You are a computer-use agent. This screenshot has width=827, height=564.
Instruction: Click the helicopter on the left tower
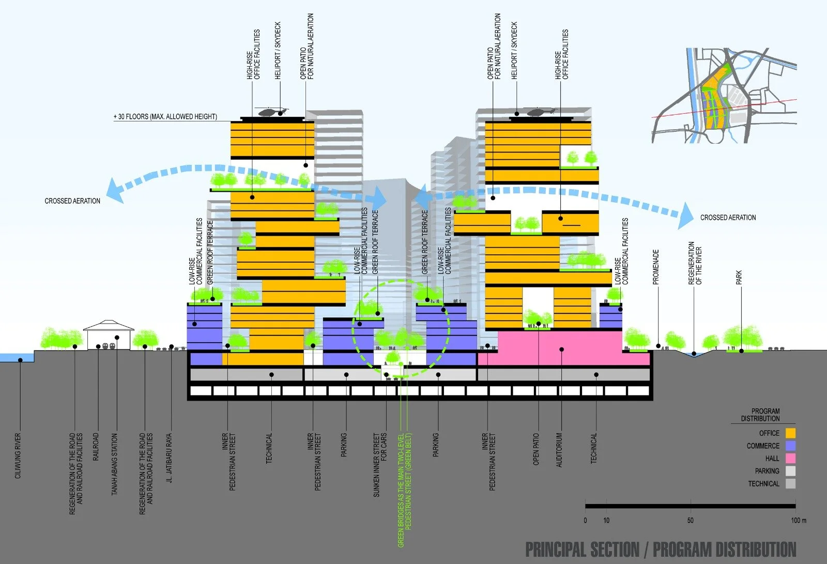[270, 112]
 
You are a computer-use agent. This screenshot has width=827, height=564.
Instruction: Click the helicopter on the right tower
[540, 112]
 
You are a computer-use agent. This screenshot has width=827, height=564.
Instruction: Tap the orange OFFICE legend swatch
[790, 433]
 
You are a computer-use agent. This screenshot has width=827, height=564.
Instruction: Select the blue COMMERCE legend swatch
[790, 446]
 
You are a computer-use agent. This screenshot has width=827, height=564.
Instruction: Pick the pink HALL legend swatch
[790, 458]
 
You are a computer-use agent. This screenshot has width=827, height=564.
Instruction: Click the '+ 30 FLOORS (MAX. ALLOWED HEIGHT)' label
[165, 117]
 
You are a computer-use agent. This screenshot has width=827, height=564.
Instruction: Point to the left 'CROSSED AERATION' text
[72, 201]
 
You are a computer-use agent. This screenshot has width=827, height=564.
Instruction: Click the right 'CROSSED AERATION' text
[728, 218]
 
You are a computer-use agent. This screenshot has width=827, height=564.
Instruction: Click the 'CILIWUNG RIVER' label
[18, 455]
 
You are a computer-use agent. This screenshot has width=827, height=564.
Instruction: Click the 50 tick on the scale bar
[691, 520]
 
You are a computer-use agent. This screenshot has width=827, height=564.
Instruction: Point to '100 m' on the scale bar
[798, 520]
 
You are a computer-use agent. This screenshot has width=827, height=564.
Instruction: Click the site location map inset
[724, 96]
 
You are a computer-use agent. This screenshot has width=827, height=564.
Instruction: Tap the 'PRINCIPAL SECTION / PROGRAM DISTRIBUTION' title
[661, 550]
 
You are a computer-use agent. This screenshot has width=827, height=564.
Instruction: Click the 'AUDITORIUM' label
[559, 450]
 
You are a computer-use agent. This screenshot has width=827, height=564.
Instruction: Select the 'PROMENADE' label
[656, 267]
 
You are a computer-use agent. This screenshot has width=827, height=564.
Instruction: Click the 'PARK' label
[739, 278]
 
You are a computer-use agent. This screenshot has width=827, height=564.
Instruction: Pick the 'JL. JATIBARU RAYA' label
[169, 458]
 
